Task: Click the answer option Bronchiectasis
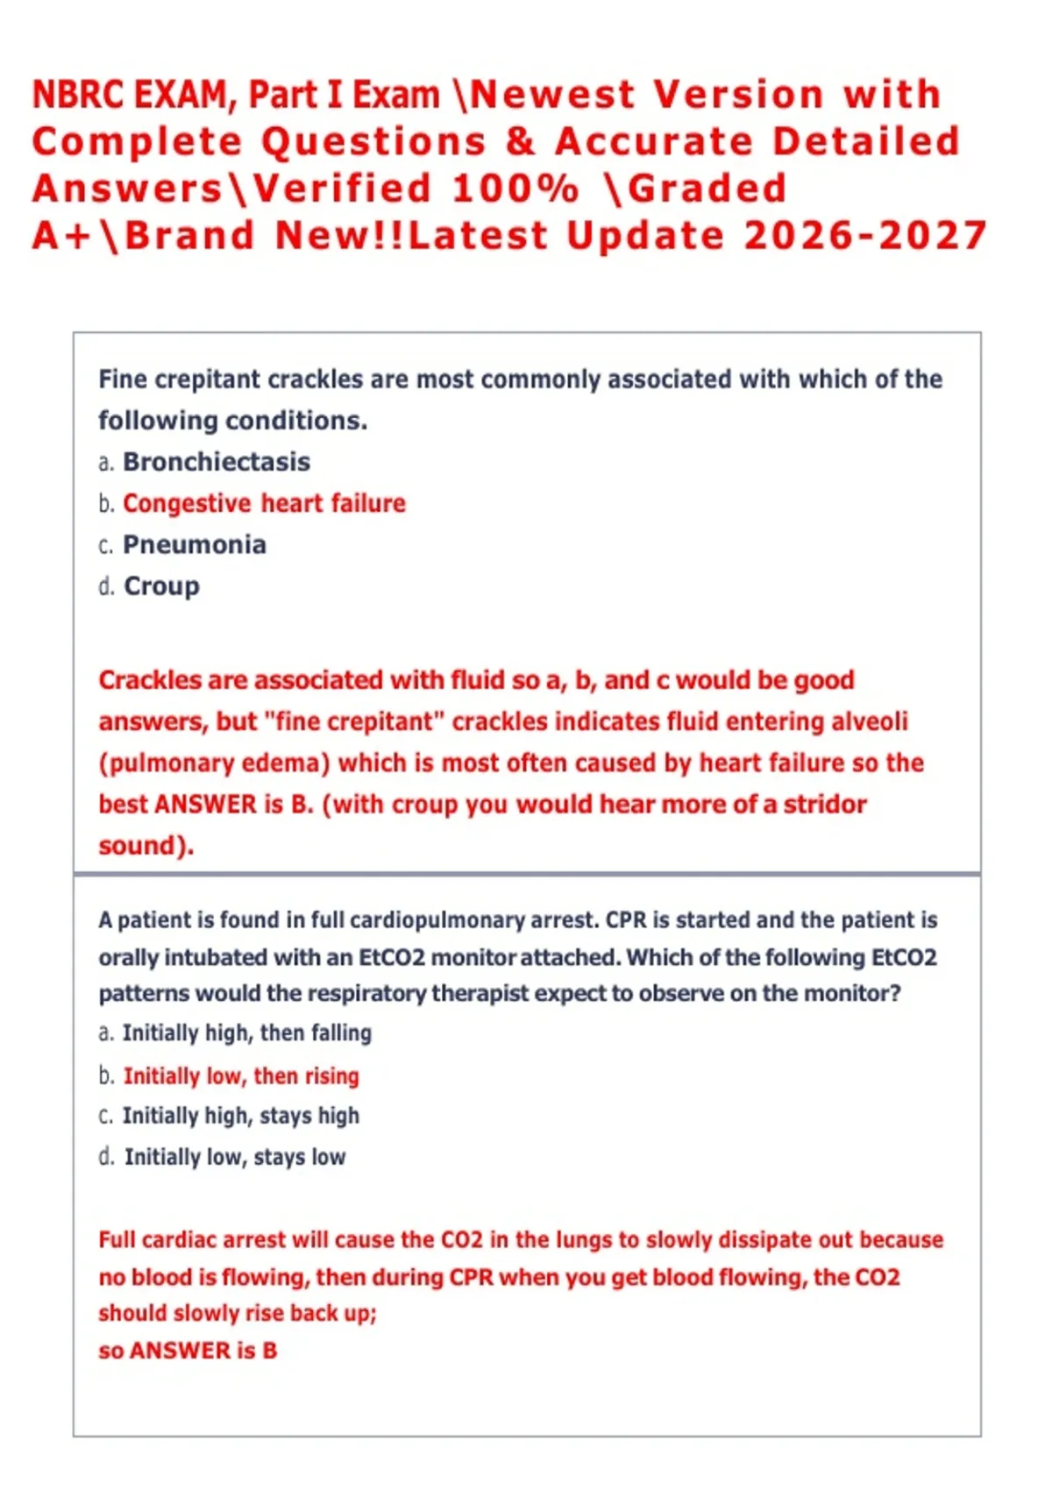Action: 217,462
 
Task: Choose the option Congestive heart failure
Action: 264,503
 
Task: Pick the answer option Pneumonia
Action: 195,544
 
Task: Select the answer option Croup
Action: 161,585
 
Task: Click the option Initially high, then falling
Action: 246,1033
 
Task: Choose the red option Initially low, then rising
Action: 241,1075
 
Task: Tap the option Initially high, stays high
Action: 240,1116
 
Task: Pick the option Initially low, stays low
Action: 234,1157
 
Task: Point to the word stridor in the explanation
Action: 824,804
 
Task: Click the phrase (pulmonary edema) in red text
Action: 214,763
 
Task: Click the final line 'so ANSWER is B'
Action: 188,1351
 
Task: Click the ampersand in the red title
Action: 520,142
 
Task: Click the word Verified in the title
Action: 343,188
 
